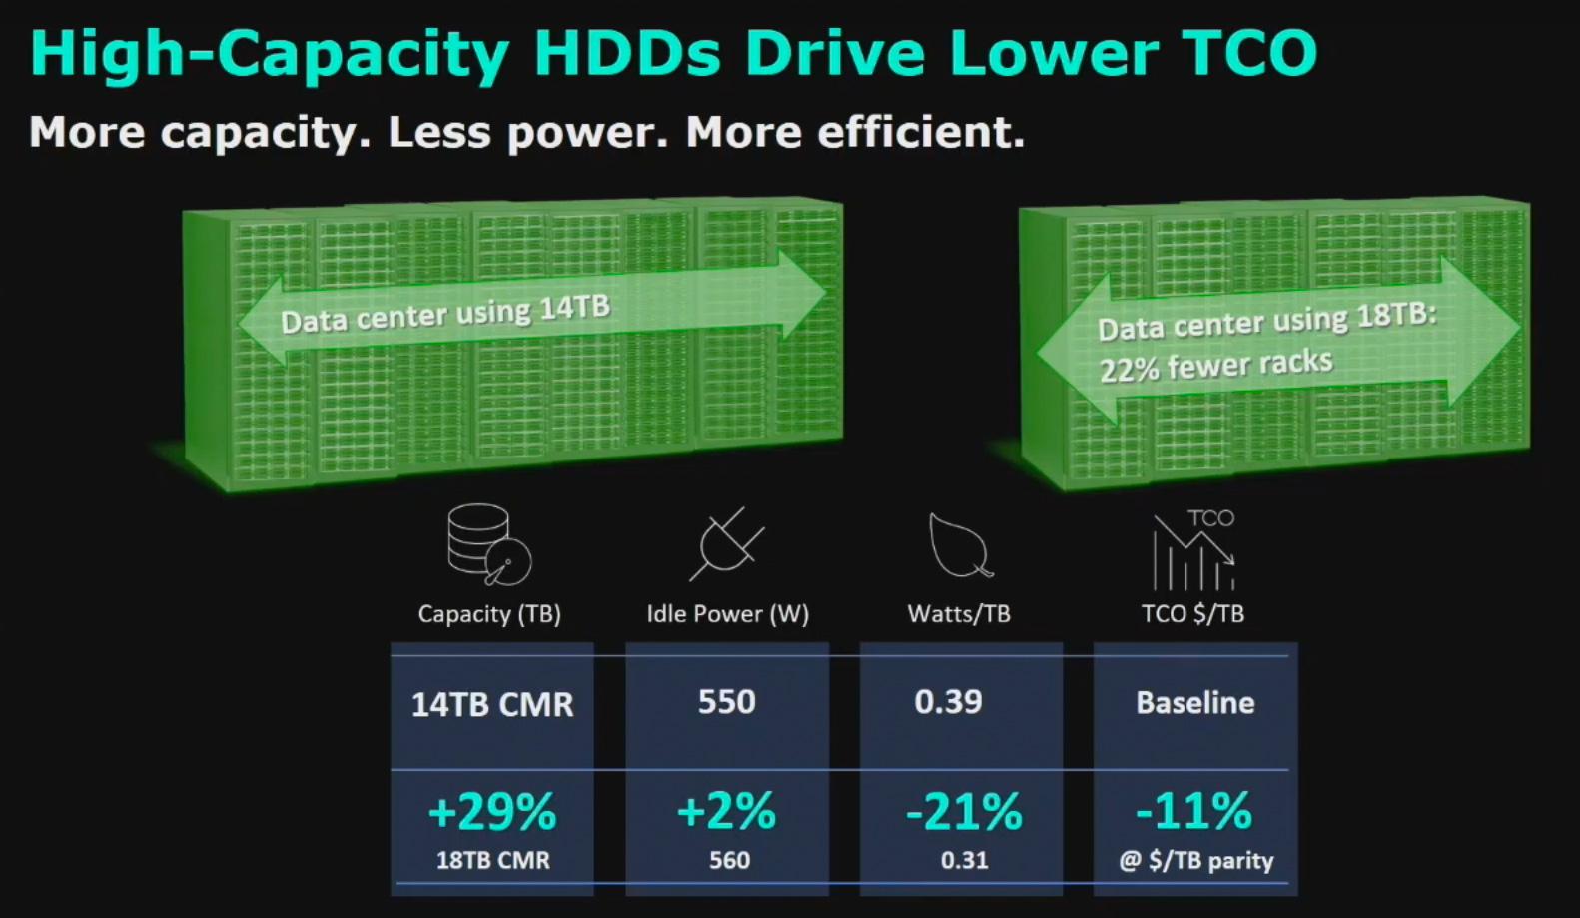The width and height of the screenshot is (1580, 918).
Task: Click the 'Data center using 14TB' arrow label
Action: (x=444, y=313)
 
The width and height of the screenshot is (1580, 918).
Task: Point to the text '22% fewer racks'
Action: (x=1215, y=365)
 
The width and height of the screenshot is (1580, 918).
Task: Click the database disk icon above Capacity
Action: (x=488, y=544)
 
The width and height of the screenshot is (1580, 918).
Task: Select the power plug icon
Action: (x=727, y=544)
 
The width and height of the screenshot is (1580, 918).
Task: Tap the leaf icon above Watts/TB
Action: (x=959, y=545)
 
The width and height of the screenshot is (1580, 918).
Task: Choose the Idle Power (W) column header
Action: (x=727, y=613)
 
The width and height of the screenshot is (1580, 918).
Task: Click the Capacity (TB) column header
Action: (x=489, y=613)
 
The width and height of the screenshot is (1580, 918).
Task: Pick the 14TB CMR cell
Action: (x=492, y=705)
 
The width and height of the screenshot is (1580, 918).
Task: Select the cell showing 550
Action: (x=727, y=702)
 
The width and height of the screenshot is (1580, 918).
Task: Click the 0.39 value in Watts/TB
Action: (x=948, y=702)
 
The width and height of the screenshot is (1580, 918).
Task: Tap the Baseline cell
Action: (x=1194, y=703)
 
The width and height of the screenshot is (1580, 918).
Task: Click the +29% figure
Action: (x=491, y=812)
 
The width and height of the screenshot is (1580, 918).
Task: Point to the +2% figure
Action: (x=726, y=811)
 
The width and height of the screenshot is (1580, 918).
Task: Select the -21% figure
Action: (x=964, y=812)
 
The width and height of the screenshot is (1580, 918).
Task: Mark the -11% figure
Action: (x=1193, y=810)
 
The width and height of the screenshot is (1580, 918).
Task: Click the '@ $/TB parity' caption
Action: (x=1195, y=860)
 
